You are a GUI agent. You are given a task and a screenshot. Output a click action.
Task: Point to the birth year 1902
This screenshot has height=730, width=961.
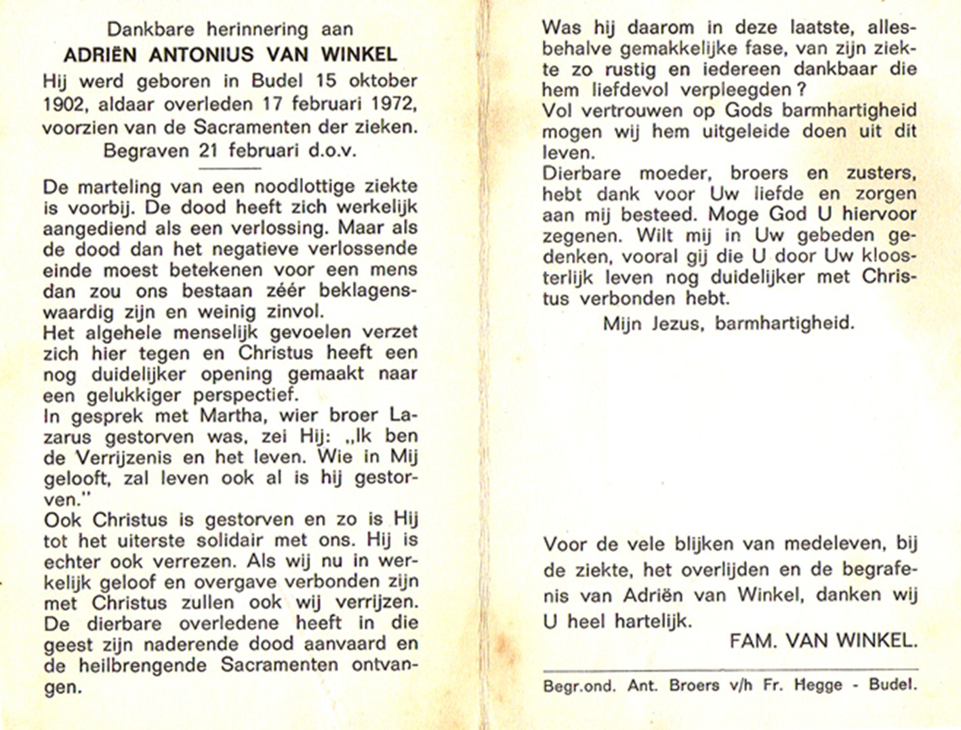(x=64, y=105)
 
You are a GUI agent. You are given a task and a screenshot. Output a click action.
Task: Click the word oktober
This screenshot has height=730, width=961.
(x=383, y=81)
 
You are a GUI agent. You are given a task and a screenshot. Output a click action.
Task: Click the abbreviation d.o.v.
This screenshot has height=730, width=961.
(x=332, y=150)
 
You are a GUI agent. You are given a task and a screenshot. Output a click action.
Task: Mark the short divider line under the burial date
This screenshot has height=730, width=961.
(x=230, y=167)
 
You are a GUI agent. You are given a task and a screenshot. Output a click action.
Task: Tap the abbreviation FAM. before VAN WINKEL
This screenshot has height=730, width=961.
(x=754, y=641)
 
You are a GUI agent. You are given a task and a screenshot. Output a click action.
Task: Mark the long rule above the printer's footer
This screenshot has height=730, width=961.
(x=730, y=669)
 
